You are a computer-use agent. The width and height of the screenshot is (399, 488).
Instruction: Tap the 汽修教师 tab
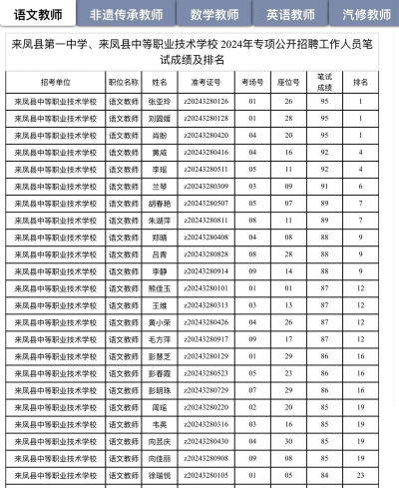click(365, 15)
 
